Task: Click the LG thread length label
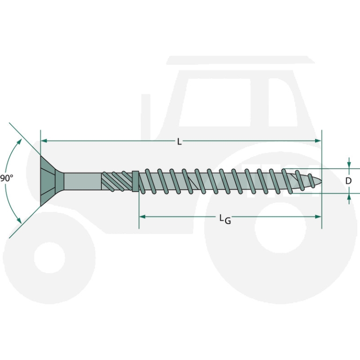pos(225,218)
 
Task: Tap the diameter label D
pos(348,181)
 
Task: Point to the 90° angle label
pos(7,178)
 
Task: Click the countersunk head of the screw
pos(49,180)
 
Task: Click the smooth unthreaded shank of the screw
pos(82,181)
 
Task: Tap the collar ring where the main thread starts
pos(136,181)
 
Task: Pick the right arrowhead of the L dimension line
pos(318,141)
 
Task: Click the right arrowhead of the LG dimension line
pos(318,217)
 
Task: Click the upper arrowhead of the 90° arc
pos(20,141)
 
